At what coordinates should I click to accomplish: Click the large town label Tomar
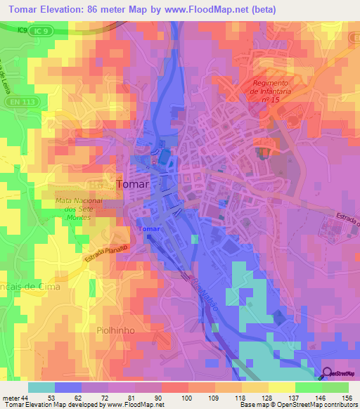pos(132,183)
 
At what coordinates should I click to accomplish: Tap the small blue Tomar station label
pos(148,229)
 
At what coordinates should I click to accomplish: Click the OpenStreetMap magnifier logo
pos(328,373)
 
